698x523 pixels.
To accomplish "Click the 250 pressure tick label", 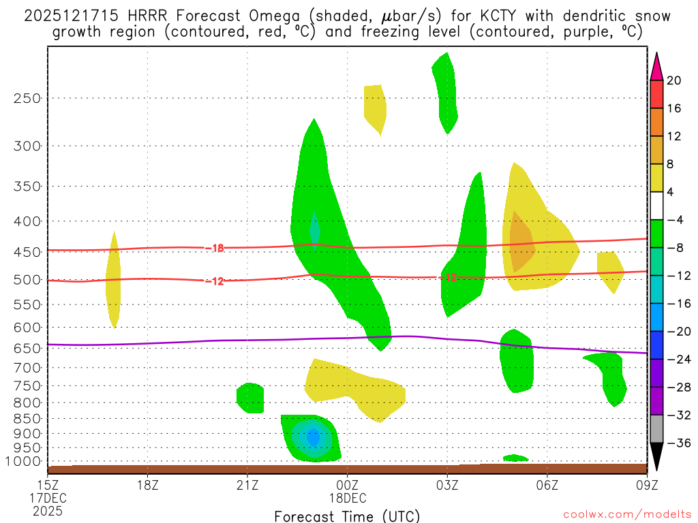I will (x=27, y=98).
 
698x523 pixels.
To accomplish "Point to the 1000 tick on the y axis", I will (x=25, y=462).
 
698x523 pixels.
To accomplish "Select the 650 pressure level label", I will (x=27, y=348).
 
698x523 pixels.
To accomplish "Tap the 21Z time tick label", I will (x=247, y=485).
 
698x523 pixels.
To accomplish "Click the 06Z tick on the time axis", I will (x=547, y=485).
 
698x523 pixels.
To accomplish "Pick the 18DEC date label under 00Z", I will (x=348, y=498).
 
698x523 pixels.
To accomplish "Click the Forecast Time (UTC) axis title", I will (x=347, y=516).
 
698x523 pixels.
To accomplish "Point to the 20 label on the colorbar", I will (x=674, y=80).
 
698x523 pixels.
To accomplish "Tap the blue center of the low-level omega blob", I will (x=313, y=437).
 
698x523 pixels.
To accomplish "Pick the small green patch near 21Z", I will (x=250, y=398).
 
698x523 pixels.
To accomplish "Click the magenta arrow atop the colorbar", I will (x=656, y=66).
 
